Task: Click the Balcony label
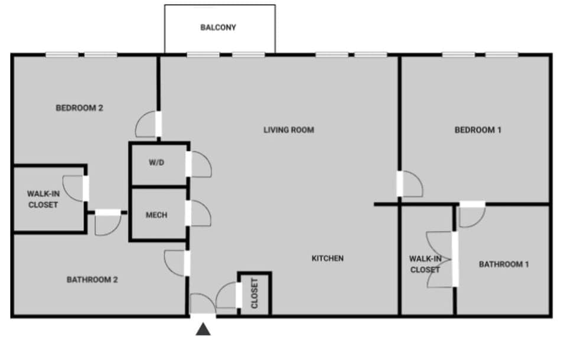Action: [218, 27]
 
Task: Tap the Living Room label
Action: [288, 130]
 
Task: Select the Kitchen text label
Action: [327, 258]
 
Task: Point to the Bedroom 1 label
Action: [478, 130]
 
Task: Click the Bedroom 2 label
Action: [80, 108]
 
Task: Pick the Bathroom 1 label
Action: [504, 264]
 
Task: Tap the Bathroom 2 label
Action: [92, 279]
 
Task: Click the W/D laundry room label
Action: [156, 163]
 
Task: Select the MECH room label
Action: [157, 215]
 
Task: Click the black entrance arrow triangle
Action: [203, 329]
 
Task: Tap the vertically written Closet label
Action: [255, 293]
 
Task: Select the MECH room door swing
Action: [200, 213]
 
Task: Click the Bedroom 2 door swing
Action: [146, 125]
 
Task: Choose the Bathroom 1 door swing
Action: [471, 216]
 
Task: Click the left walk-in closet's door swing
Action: [74, 188]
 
